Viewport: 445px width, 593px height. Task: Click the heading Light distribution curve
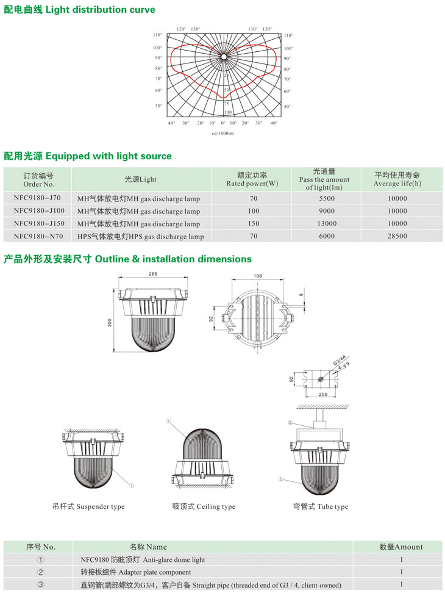(x=79, y=10)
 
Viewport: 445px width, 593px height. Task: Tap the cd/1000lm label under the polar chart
(x=222, y=133)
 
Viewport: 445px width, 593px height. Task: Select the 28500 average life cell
(x=397, y=236)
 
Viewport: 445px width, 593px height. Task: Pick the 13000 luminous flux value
(x=326, y=223)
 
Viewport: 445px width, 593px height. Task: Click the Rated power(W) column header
(x=252, y=179)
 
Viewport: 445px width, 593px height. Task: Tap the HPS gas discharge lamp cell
(x=140, y=236)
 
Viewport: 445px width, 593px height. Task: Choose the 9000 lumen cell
(x=326, y=211)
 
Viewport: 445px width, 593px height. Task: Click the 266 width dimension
(x=153, y=275)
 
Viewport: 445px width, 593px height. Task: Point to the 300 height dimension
(x=110, y=322)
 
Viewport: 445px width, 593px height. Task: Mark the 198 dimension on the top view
(x=258, y=276)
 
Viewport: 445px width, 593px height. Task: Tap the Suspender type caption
(x=88, y=506)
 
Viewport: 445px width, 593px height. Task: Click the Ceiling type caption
(x=204, y=506)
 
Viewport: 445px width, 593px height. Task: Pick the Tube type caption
(x=321, y=506)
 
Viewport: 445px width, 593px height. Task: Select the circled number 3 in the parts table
(x=40, y=585)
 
